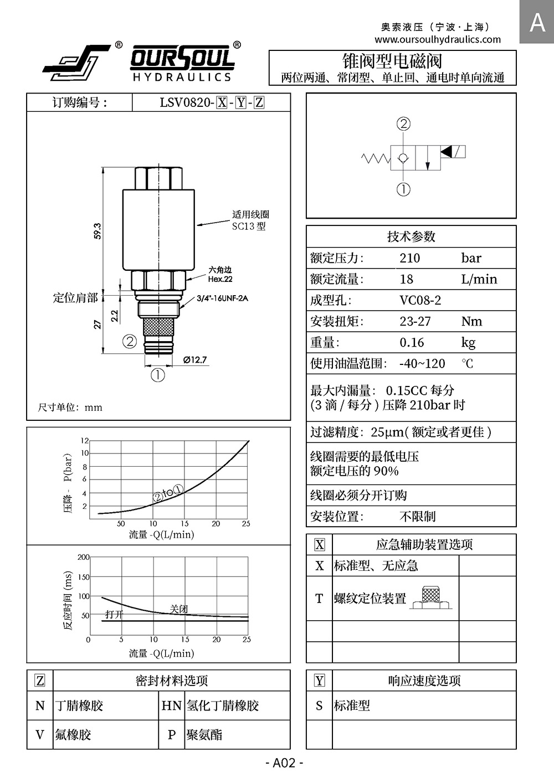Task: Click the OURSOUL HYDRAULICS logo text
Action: pos(182,63)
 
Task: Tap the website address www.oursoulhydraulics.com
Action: pos(438,39)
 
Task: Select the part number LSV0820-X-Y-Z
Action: pos(212,103)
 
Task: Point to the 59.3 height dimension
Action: pos(98,231)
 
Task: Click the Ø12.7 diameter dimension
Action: pos(195,360)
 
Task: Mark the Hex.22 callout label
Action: pos(220,279)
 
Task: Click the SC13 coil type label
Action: pos(249,226)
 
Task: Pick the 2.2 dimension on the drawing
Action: pos(114,316)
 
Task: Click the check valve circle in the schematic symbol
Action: pos(403,158)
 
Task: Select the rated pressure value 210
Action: pos(409,258)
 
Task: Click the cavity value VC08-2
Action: pos(420,300)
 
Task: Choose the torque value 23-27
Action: pos(415,321)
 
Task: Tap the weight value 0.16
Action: pos(412,342)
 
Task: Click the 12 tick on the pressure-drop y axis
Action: pos(85,440)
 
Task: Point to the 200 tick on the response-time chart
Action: pos(84,557)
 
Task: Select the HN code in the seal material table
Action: pos(171,705)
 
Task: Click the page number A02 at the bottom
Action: pos(284,763)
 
